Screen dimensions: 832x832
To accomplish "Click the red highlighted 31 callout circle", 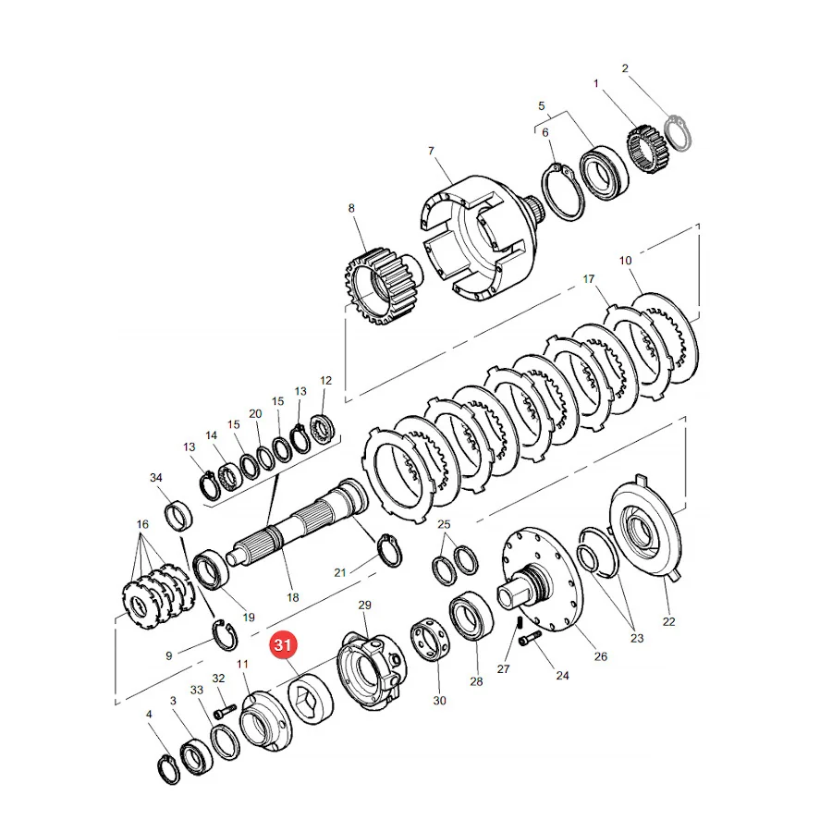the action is pyautogui.click(x=283, y=644).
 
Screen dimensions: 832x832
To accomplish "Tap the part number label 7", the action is pyautogui.click(x=431, y=152).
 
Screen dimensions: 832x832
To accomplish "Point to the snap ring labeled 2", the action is pyautogui.click(x=679, y=132).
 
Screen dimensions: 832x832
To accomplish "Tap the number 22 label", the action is pyautogui.click(x=668, y=621).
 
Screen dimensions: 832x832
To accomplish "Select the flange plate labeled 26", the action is pyautogui.click(x=542, y=580).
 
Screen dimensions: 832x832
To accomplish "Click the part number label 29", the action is pyautogui.click(x=364, y=605).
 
